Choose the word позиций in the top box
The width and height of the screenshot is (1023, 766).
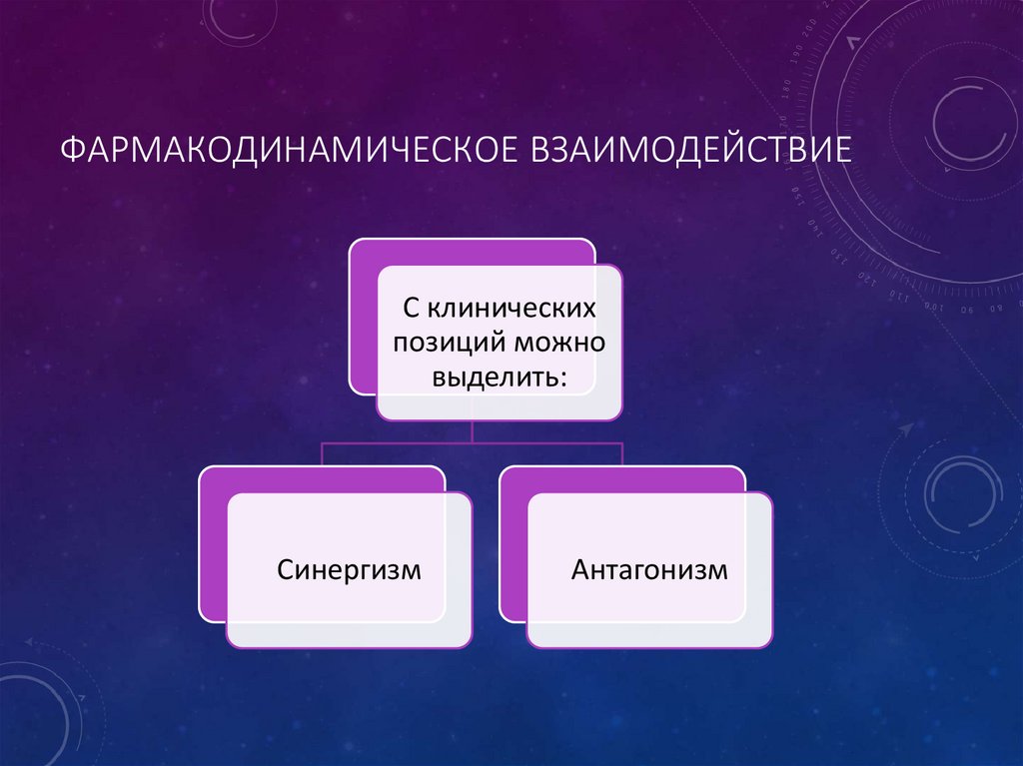[450, 344]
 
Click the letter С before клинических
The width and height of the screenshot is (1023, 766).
[409, 309]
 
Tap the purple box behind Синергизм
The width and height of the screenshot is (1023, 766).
[212, 559]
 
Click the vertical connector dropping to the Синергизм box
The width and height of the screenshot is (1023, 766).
[321, 454]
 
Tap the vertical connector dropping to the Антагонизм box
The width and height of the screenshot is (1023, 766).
[622, 454]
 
